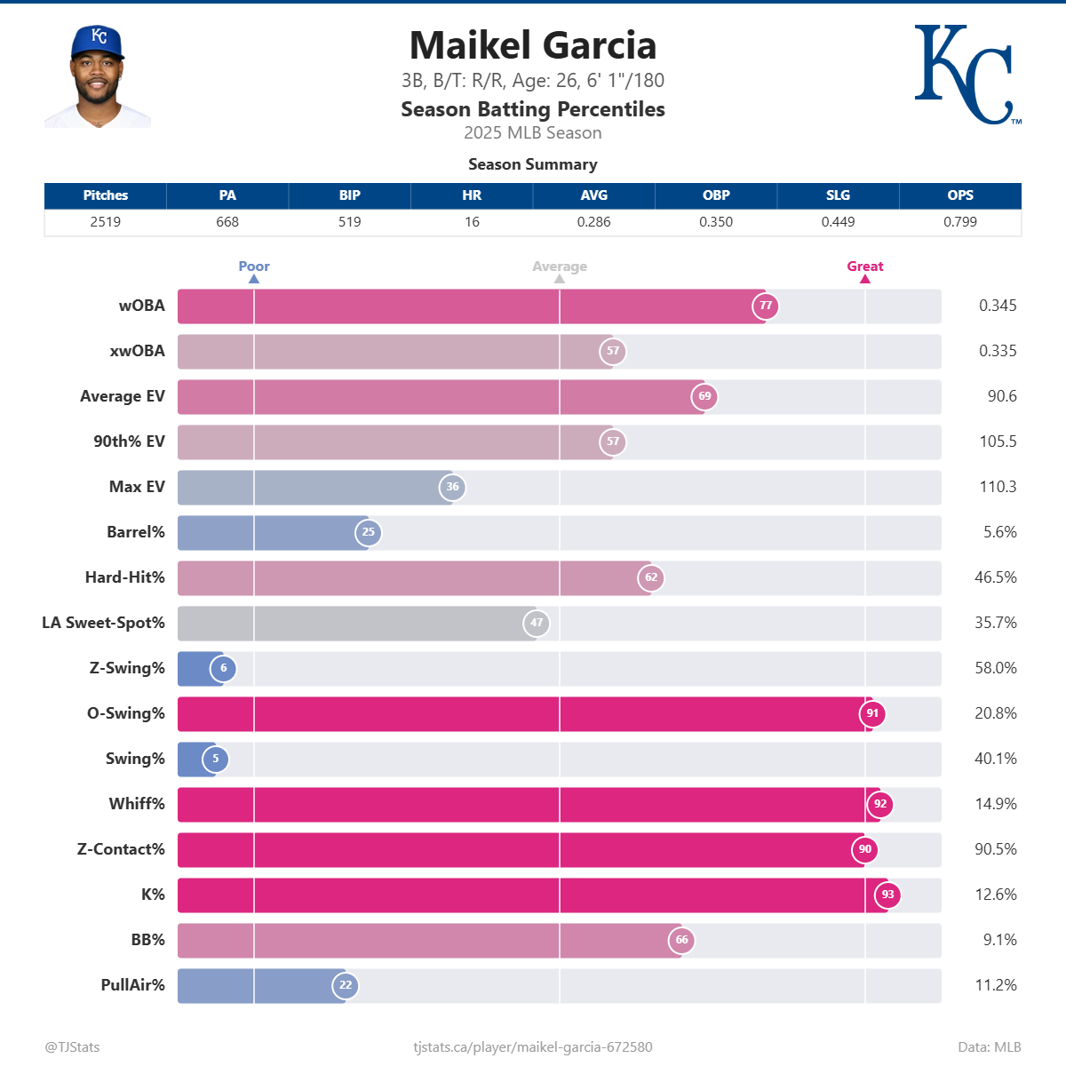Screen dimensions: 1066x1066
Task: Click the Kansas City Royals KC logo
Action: (x=965, y=75)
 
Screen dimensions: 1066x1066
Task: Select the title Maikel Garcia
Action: (x=532, y=45)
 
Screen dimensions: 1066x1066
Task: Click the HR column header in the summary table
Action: (x=472, y=195)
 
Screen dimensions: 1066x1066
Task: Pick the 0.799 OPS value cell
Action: (x=959, y=222)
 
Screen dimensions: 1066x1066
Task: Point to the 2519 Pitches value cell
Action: (x=105, y=222)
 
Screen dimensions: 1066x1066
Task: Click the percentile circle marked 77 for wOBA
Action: (x=766, y=306)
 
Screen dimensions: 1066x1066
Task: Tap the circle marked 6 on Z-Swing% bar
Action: (x=223, y=668)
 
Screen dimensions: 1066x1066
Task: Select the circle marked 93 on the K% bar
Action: (x=887, y=895)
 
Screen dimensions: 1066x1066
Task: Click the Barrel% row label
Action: (x=135, y=532)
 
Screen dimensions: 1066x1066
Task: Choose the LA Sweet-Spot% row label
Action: (x=103, y=623)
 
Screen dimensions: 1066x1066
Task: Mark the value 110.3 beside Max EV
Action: (x=998, y=487)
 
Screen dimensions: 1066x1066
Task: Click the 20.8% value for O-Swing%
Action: (x=995, y=713)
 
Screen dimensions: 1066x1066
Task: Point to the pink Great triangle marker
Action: (x=865, y=279)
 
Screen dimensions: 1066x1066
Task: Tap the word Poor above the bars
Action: (x=254, y=266)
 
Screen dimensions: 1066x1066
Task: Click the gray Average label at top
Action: (x=560, y=266)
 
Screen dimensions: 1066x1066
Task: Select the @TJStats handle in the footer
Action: (x=72, y=1046)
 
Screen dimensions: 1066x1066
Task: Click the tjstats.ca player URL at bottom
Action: (x=533, y=1046)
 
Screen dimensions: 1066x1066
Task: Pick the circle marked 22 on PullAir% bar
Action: (x=346, y=985)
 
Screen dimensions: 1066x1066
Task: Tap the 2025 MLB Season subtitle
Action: (x=532, y=133)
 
